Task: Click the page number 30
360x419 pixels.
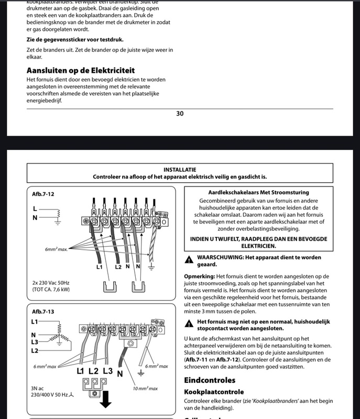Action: [x=180, y=114]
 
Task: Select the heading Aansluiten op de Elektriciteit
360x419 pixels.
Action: [x=81, y=70]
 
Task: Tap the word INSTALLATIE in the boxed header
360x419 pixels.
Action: [x=180, y=170]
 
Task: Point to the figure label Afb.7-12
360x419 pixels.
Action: [x=43, y=194]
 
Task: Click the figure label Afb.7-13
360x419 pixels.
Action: [x=43, y=311]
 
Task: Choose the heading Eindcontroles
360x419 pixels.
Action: [x=210, y=380]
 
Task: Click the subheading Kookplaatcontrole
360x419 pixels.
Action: [x=214, y=391]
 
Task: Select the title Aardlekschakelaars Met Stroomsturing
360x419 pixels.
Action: [x=258, y=193]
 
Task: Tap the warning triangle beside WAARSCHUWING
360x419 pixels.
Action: [x=189, y=260]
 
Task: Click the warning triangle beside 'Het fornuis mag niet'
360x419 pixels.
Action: [x=189, y=324]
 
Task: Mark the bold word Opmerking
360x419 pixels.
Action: [x=199, y=276]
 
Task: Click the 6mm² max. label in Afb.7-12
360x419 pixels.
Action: [x=56, y=249]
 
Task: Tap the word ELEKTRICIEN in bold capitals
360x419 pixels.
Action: [x=258, y=246]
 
